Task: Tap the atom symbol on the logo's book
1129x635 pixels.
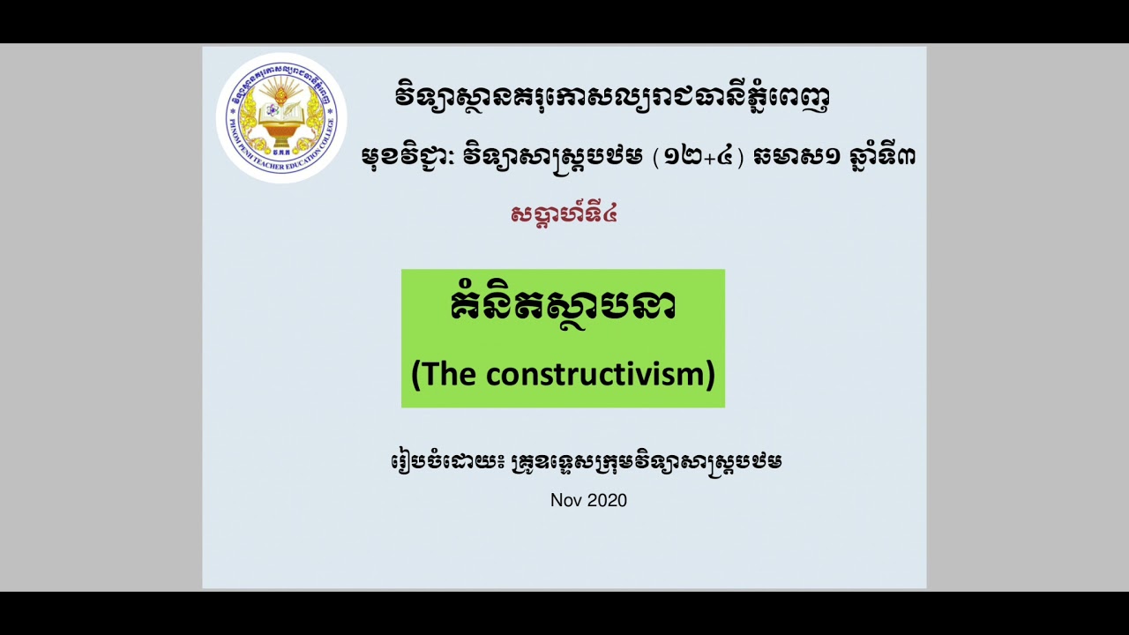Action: [271, 112]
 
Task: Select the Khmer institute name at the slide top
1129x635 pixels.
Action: [611, 96]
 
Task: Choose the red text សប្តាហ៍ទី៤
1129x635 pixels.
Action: [564, 213]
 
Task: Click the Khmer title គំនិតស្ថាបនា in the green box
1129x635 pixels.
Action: [563, 307]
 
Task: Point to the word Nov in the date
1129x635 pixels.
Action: [566, 500]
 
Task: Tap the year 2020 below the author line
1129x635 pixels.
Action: [607, 500]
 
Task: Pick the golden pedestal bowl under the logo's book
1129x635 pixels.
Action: [280, 137]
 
